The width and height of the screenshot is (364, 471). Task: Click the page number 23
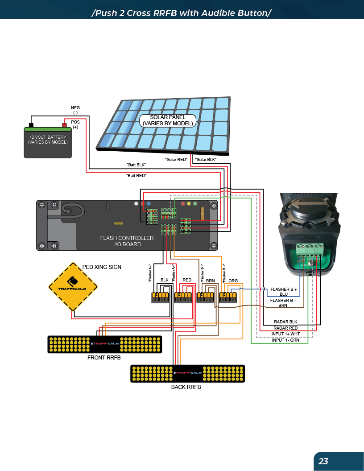tap(323, 461)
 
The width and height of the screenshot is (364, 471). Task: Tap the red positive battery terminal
tap(64, 125)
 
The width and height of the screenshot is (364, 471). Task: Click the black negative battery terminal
tap(31, 125)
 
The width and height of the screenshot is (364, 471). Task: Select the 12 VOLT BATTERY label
tap(48, 140)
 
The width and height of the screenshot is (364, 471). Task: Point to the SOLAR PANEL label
tap(168, 120)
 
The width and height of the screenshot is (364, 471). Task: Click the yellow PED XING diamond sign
tap(73, 286)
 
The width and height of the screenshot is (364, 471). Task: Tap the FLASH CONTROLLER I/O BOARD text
tap(127, 241)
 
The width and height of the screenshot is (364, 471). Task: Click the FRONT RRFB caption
tap(104, 358)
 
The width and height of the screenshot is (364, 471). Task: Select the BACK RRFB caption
tap(186, 387)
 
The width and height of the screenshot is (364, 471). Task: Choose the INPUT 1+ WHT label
tap(286, 334)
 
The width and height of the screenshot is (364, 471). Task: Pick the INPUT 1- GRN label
tap(286, 340)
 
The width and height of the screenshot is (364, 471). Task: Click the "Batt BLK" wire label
tap(136, 165)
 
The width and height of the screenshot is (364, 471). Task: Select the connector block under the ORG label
tap(228, 296)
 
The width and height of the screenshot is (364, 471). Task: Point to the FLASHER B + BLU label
tap(284, 292)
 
